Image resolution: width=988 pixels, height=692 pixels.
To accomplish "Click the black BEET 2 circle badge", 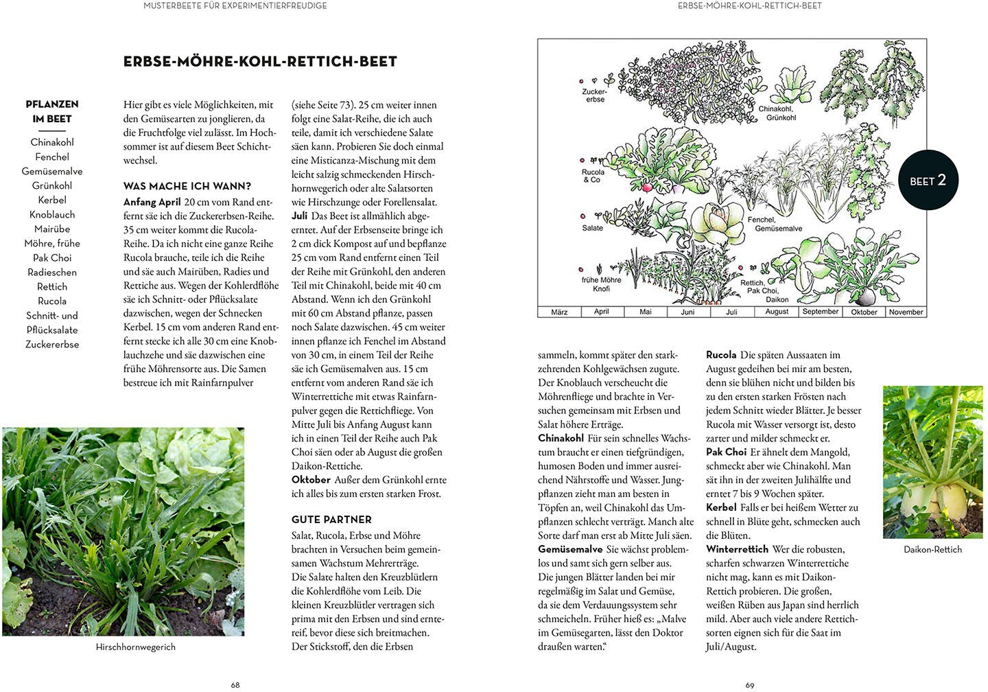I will [x=928, y=180].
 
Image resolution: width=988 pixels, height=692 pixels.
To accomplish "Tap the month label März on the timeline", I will [x=559, y=312].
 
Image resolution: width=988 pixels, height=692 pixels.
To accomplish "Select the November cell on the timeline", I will [x=906, y=312].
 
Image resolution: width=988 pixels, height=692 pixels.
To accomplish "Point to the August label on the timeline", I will [x=777, y=312].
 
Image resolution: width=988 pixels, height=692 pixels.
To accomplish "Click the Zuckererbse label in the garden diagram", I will [x=595, y=95].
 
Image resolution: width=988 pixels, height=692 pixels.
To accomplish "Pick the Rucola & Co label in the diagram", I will [x=593, y=176].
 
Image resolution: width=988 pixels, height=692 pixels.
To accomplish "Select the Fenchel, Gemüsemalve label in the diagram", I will [x=775, y=224].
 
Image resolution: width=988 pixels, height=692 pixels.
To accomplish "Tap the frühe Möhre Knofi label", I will [x=601, y=284].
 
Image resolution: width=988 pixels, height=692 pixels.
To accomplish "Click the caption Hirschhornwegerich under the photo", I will [x=135, y=647].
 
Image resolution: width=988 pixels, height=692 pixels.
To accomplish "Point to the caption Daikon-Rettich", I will [x=932, y=549].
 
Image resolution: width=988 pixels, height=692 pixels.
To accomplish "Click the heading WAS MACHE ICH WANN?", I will [x=187, y=186].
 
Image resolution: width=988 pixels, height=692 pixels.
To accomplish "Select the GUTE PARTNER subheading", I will [x=331, y=520].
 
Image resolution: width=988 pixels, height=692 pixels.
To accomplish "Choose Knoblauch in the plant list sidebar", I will [x=52, y=214].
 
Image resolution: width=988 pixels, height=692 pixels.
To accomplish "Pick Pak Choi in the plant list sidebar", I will [x=52, y=257].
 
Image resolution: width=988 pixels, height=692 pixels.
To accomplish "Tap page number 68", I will [x=235, y=684].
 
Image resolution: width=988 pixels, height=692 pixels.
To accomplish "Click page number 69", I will [x=750, y=684].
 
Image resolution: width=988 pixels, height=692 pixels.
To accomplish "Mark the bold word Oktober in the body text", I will [x=311, y=479].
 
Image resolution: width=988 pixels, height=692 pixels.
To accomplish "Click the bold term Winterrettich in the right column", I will [x=737, y=549].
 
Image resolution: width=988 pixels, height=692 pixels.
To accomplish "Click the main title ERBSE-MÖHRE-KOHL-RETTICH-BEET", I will [x=260, y=62].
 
